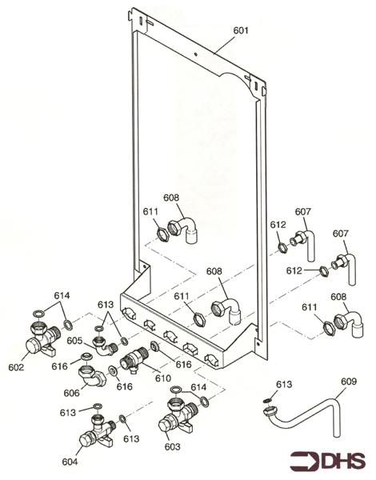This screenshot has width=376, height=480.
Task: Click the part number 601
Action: pyautogui.click(x=241, y=30)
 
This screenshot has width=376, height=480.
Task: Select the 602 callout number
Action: pyautogui.click(x=17, y=367)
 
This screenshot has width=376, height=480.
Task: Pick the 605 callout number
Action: pyautogui.click(x=74, y=340)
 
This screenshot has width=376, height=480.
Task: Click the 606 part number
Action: pyautogui.click(x=72, y=393)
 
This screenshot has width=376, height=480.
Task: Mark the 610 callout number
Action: pyautogui.click(x=163, y=378)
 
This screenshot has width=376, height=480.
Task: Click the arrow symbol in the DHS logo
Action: pyautogui.click(x=304, y=461)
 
